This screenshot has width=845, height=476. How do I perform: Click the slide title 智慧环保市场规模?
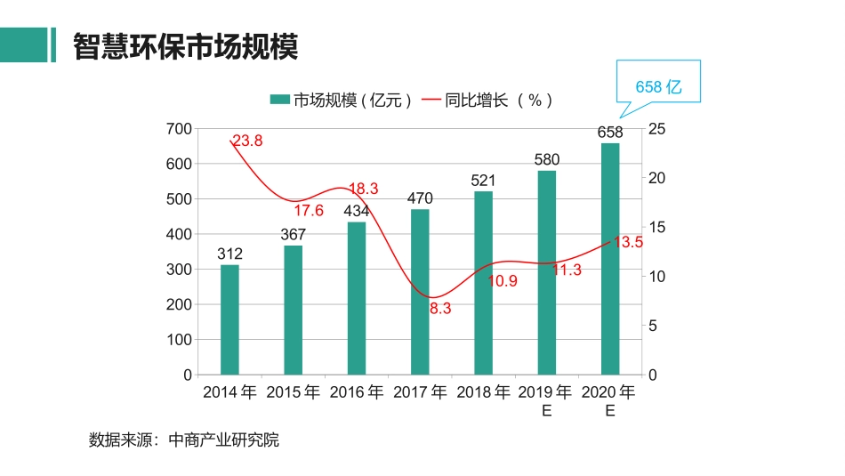click(x=185, y=45)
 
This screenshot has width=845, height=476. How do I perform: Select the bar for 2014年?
click(x=229, y=319)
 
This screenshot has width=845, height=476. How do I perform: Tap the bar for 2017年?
click(x=420, y=292)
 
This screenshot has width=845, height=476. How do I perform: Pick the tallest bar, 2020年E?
click(x=610, y=258)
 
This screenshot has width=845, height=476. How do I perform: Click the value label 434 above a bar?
click(x=357, y=212)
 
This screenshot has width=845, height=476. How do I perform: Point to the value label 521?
click(x=483, y=181)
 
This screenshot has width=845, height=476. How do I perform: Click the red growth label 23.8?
click(x=247, y=141)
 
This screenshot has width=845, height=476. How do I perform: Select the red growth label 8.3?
click(x=440, y=309)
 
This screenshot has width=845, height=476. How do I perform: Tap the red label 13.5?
click(x=628, y=242)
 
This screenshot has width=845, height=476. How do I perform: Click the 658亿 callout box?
click(x=658, y=86)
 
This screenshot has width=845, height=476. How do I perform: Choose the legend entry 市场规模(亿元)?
click(x=342, y=101)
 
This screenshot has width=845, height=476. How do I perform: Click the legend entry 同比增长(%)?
click(x=489, y=101)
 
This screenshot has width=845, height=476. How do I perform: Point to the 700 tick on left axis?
click(x=179, y=129)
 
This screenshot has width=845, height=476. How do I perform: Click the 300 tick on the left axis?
click(x=179, y=270)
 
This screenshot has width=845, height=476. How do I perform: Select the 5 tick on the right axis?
click(x=654, y=326)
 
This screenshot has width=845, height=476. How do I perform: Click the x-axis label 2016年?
click(x=356, y=392)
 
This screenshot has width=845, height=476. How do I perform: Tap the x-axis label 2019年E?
click(x=546, y=400)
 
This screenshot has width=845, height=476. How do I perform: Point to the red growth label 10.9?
click(x=503, y=281)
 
